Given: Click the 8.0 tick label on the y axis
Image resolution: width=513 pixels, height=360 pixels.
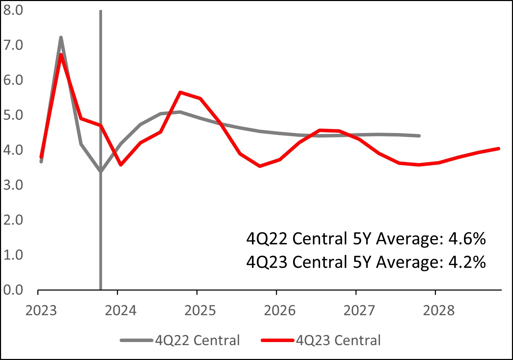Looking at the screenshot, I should click(13, 10).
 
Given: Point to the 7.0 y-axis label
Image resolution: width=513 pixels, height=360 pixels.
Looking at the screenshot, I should click(13, 45).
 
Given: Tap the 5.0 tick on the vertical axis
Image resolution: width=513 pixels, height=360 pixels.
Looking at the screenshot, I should click(13, 115).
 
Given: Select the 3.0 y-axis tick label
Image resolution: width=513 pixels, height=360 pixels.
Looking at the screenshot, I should click(13, 185).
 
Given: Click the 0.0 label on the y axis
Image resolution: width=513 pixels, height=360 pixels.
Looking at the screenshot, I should click(13, 290).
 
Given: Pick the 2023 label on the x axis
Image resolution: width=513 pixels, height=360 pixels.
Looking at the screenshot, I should click(41, 310).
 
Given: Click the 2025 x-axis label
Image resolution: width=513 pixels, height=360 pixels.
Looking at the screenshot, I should click(200, 310).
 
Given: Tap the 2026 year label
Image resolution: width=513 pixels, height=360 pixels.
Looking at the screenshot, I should click(280, 310).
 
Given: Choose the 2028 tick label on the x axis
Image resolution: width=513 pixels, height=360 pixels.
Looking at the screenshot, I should click(439, 310).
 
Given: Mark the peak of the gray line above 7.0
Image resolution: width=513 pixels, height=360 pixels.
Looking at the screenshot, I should click(61, 37).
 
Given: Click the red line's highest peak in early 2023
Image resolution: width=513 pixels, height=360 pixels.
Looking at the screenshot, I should click(61, 55).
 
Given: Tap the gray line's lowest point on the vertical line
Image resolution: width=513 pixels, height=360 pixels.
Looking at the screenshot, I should click(101, 171).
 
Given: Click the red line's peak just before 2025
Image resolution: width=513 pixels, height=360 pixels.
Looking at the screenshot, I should click(180, 92).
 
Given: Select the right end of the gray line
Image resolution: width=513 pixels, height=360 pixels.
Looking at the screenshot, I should click(419, 136).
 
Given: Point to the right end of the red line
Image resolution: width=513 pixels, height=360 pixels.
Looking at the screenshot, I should click(498, 149).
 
